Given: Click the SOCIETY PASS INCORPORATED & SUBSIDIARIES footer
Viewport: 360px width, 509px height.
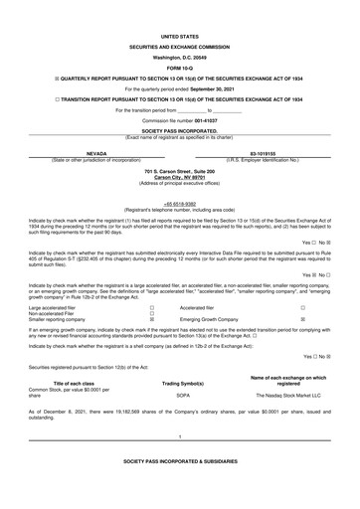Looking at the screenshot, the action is coord(179,491).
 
